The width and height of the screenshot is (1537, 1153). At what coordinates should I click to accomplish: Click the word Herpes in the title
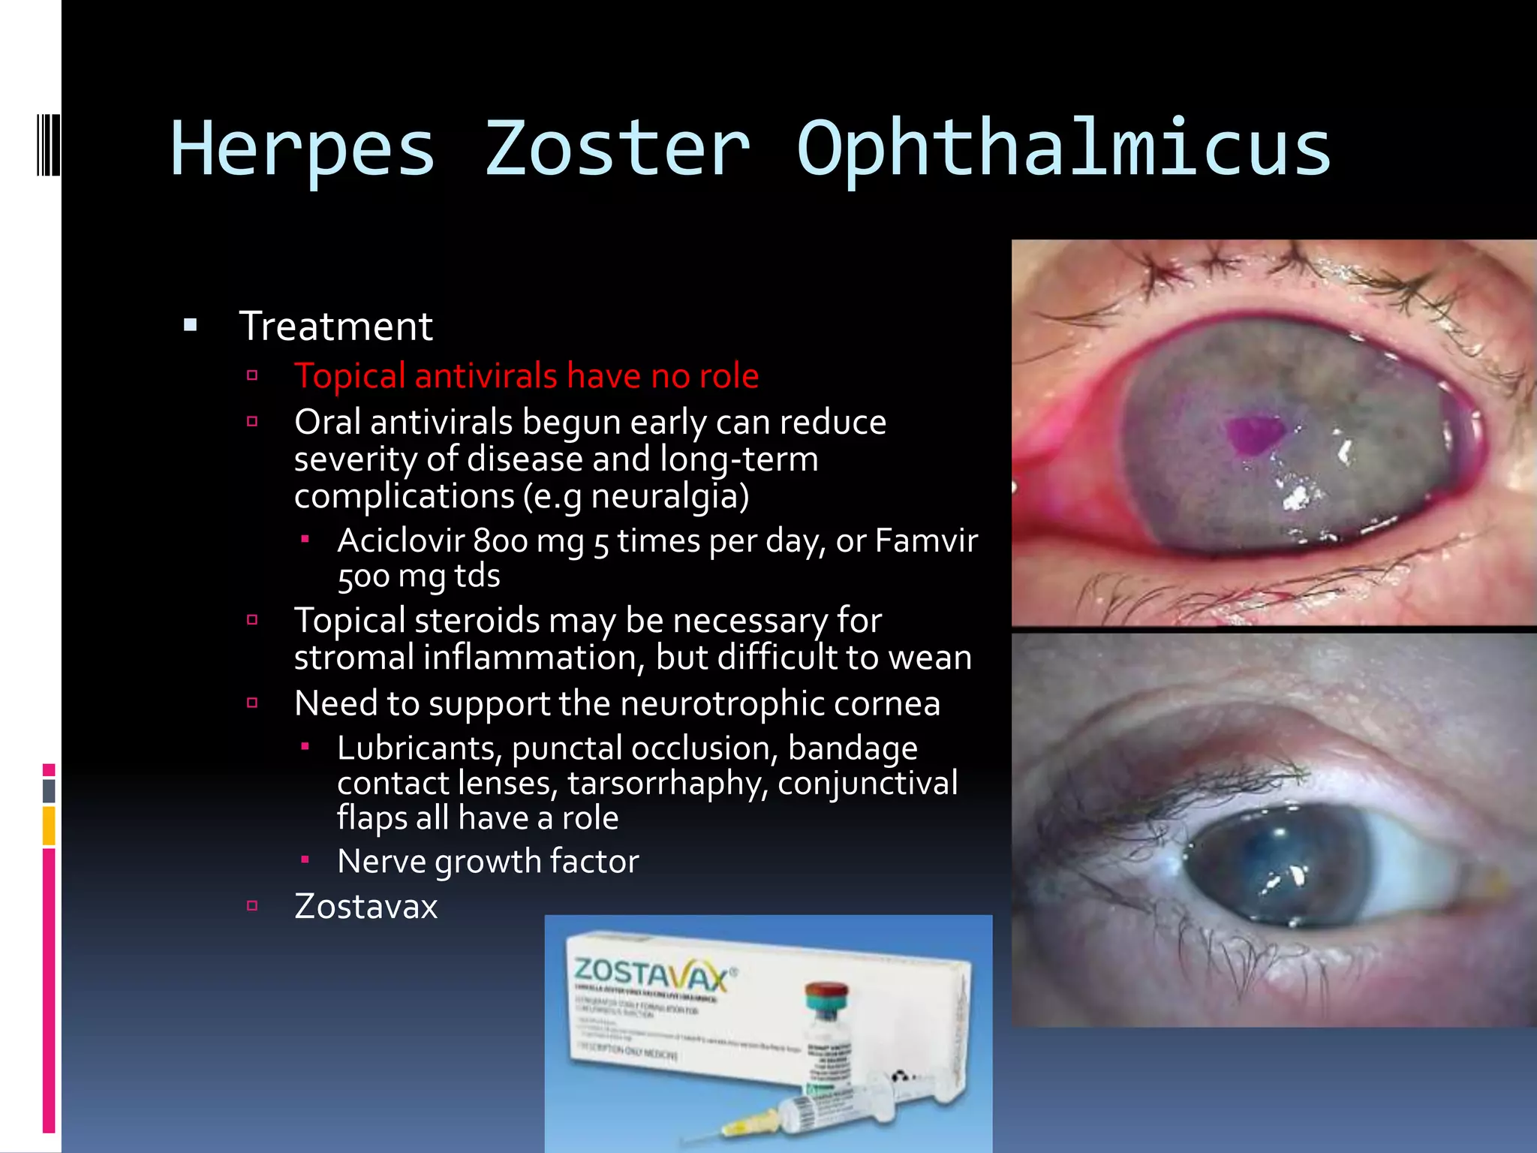click(x=302, y=150)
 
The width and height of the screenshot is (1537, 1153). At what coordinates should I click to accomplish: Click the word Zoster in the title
click(x=616, y=150)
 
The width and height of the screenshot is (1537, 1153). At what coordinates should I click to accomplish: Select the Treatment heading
click(x=335, y=327)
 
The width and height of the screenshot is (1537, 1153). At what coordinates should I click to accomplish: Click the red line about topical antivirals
click(x=526, y=375)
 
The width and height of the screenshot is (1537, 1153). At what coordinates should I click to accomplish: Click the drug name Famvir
click(x=926, y=540)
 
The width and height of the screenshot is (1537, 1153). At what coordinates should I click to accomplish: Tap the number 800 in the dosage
click(x=501, y=541)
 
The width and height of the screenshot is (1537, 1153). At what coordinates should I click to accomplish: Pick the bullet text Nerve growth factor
click(x=488, y=861)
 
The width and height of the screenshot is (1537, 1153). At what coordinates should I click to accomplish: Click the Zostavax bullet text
click(x=365, y=906)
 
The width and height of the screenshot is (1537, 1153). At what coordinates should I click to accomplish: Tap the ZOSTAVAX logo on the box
click(x=651, y=974)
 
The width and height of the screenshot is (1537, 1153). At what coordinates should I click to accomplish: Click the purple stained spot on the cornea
click(x=1252, y=434)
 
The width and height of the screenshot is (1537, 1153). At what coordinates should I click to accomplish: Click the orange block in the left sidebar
click(x=49, y=825)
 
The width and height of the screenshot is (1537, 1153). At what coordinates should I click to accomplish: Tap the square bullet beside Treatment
click(x=191, y=326)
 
